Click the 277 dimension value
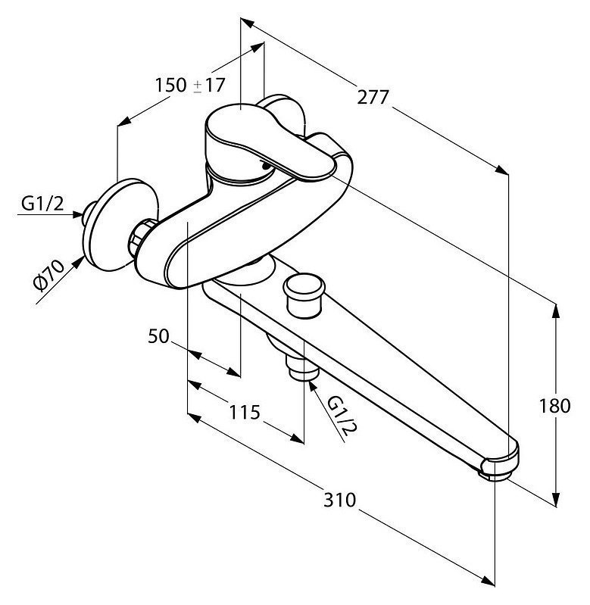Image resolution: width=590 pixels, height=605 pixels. [x=373, y=97]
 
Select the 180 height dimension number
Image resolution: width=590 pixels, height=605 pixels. [x=554, y=406]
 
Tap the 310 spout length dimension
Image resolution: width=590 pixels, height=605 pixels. [x=339, y=500]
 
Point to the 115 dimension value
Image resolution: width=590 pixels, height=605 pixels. [x=245, y=412]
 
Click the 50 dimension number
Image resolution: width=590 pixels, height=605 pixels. [x=158, y=336]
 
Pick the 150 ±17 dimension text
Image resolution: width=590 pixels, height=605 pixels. [x=190, y=85]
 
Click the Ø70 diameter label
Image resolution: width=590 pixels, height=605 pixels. [x=48, y=275]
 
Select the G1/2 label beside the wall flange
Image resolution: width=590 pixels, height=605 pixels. [x=42, y=204]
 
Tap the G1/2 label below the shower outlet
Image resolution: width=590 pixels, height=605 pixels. [x=342, y=417]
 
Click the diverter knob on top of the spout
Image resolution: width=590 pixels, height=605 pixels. [x=303, y=295]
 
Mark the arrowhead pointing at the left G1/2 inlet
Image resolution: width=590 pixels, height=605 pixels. [x=77, y=214]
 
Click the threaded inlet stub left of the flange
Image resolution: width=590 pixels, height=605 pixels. [x=89, y=214]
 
